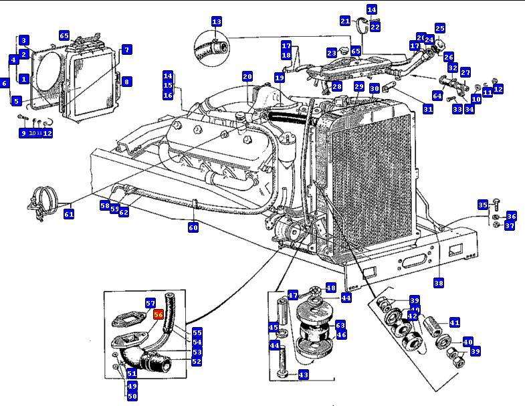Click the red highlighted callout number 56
(x=159, y=314)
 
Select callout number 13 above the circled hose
(x=216, y=22)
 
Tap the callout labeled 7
(x=126, y=49)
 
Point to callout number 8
(x=126, y=82)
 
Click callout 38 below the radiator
(x=439, y=283)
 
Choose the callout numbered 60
(x=193, y=227)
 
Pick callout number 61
(x=69, y=214)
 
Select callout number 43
(x=304, y=375)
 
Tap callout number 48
(x=330, y=288)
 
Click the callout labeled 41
(x=454, y=322)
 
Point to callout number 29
(x=359, y=87)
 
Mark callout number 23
(x=332, y=52)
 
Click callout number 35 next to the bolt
(x=482, y=204)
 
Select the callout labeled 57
(x=150, y=303)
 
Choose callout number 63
(x=340, y=324)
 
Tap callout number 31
(x=428, y=108)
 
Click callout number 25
(x=439, y=28)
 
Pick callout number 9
(x=23, y=132)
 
